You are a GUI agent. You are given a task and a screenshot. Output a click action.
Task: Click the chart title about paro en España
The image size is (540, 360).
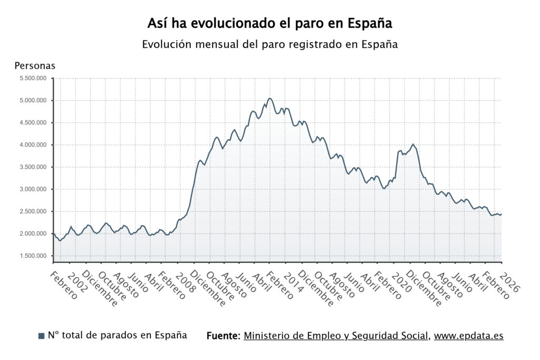(269, 24)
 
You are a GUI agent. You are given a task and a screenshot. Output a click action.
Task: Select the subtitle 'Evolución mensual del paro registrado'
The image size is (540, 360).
(269, 44)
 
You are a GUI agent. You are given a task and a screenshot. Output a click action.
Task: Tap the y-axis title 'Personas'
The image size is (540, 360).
(35, 66)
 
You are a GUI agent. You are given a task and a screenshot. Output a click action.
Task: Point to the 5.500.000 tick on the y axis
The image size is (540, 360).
(33, 78)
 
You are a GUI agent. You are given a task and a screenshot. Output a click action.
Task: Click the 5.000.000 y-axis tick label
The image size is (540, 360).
(33, 100)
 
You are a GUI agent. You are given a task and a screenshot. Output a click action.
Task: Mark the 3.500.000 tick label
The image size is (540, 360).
(33, 167)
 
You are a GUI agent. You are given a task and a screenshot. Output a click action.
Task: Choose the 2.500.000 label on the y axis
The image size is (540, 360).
(33, 211)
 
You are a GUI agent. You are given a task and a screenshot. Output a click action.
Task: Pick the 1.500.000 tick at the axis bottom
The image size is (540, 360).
(33, 256)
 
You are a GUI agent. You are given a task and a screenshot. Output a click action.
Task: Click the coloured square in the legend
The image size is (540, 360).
(42, 336)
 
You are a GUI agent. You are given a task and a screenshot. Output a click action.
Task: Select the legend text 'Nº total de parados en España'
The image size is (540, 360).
(117, 335)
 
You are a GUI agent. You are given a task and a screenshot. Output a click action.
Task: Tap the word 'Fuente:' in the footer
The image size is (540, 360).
(224, 336)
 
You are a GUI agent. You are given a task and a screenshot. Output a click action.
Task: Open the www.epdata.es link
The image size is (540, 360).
(468, 336)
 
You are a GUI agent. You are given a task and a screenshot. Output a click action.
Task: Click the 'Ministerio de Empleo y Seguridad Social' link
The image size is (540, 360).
(335, 336)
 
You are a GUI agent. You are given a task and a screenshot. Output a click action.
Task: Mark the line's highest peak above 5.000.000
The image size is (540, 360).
(269, 98)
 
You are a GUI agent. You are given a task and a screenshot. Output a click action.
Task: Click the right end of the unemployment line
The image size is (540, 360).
(501, 214)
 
